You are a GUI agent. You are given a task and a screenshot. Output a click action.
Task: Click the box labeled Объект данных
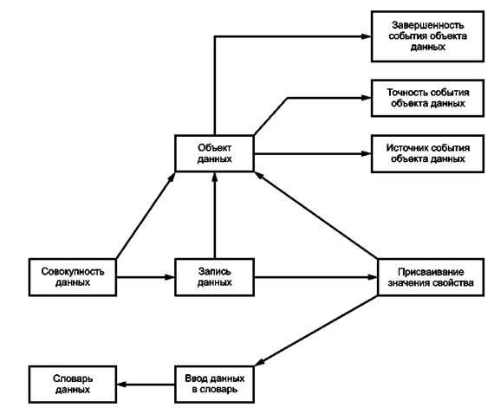tap(215, 153)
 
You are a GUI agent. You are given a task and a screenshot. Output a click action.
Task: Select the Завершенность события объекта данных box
tap(427, 36)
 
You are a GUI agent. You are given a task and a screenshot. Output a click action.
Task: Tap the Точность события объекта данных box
tap(427, 98)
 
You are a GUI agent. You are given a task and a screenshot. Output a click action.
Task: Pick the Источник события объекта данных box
tap(427, 154)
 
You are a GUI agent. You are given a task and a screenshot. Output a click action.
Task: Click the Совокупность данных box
tap(73, 277)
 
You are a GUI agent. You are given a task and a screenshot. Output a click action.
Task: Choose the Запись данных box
tap(215, 277)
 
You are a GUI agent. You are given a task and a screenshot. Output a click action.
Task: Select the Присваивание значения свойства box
tap(431, 277)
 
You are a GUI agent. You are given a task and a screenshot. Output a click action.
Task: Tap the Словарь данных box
tap(73, 385)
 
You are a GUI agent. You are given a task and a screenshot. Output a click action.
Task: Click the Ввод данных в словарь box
tap(215, 385)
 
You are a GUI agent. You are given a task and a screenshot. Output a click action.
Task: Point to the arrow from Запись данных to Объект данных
tap(215, 216)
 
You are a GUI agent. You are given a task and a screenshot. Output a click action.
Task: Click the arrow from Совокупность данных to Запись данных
tap(146, 277)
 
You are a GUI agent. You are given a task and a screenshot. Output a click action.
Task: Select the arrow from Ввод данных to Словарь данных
tap(146, 385)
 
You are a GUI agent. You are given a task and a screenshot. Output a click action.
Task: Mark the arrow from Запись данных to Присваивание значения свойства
tap(316, 277)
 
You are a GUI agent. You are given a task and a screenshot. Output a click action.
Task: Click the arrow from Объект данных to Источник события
tap(313, 154)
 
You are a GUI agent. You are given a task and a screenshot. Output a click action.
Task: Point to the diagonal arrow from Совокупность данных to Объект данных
tap(146, 216)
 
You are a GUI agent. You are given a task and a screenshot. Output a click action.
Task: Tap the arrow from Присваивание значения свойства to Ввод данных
tap(315, 331)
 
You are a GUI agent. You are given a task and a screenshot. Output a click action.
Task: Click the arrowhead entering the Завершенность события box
tap(366, 36)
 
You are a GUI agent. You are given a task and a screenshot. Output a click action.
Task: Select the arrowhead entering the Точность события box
tap(366, 98)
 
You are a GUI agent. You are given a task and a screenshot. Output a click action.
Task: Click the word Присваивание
tap(431, 272)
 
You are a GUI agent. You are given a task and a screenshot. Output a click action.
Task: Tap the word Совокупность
tap(73, 271)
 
